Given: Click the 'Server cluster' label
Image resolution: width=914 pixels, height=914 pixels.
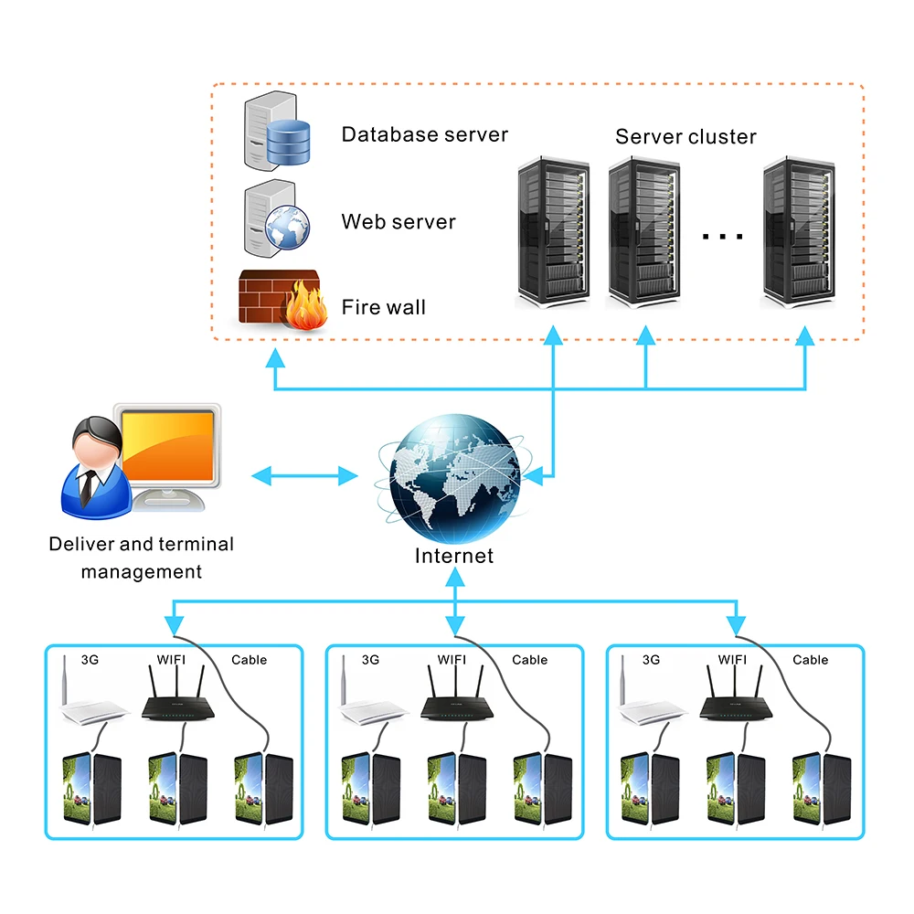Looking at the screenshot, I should pyautogui.click(x=685, y=137).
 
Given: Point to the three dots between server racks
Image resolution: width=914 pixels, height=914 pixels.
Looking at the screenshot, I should pyautogui.click(x=723, y=237).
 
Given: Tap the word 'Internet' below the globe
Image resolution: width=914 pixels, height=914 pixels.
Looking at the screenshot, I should pyautogui.click(x=454, y=556).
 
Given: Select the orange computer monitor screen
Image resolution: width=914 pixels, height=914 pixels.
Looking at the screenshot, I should pyautogui.click(x=172, y=448).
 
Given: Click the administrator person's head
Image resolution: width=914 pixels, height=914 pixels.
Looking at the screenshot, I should pyautogui.click(x=94, y=441).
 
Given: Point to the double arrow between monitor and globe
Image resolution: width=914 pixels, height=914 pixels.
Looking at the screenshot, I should pyautogui.click(x=304, y=475).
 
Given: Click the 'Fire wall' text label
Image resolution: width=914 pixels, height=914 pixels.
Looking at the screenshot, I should pyautogui.click(x=384, y=307).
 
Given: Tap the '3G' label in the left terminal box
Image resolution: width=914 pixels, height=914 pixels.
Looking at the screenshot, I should pyautogui.click(x=90, y=660).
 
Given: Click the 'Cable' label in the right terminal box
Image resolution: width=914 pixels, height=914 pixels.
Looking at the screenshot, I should pyautogui.click(x=810, y=660).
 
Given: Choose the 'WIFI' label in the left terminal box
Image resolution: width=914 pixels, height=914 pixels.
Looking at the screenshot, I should pyautogui.click(x=175, y=660).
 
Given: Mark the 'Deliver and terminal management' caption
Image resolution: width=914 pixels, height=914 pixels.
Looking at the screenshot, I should pyautogui.click(x=142, y=558).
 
